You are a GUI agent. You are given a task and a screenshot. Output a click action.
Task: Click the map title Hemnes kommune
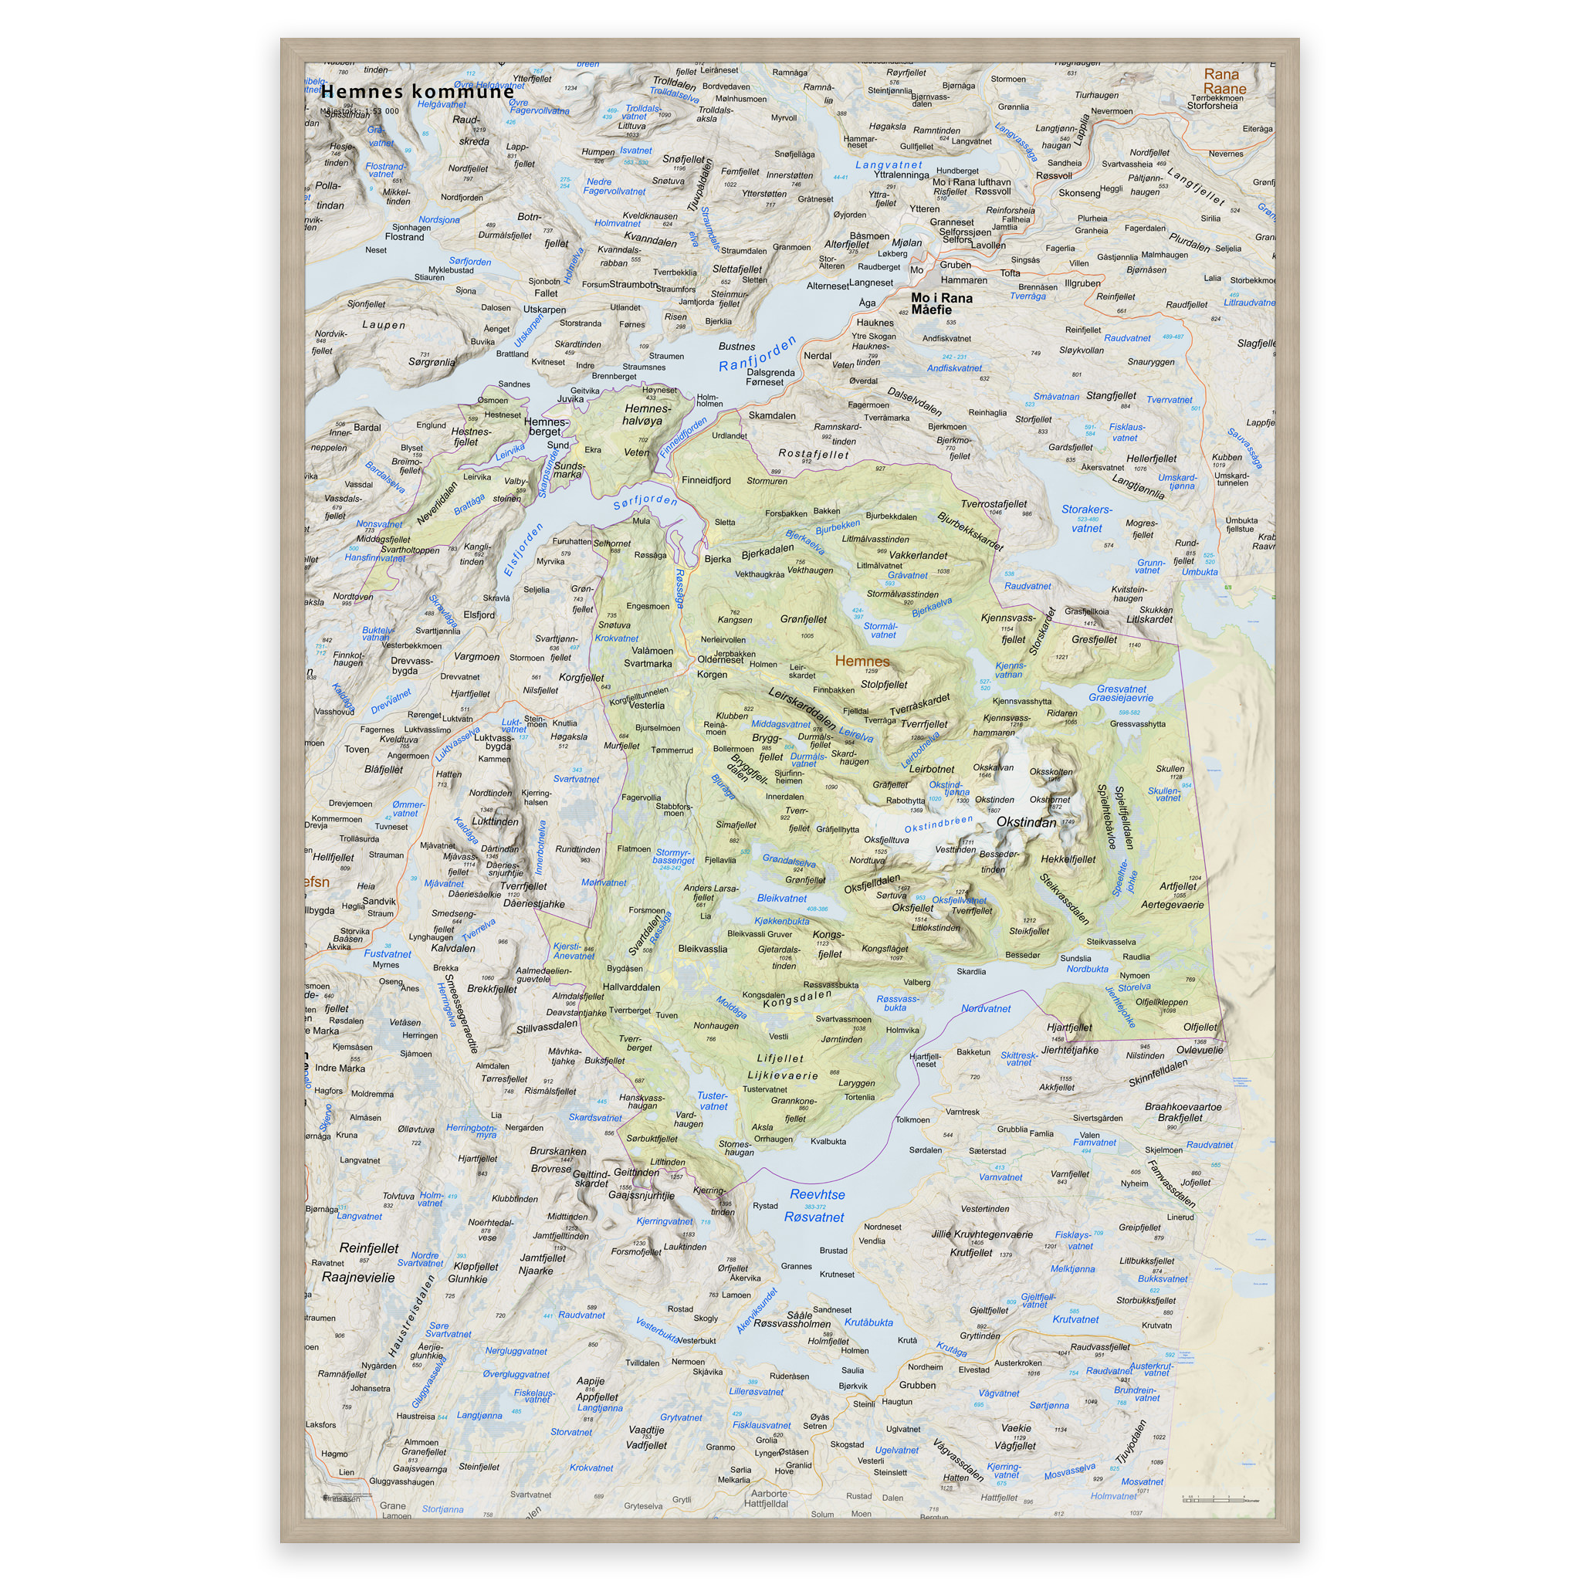418,91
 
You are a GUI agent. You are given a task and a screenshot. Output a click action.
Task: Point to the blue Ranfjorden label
757,354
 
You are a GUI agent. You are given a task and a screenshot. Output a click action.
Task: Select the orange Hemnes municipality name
862,662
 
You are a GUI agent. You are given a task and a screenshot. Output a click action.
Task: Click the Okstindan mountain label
1026,821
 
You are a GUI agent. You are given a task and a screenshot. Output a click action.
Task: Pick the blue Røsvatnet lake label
814,1217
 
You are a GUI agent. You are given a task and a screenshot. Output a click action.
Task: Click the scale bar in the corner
1224,1500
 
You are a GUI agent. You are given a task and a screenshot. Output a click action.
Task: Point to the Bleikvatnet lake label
781,899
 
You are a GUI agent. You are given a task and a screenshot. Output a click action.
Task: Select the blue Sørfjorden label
645,501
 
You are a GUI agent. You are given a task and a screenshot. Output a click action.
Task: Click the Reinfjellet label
369,1249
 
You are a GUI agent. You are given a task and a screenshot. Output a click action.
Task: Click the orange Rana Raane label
1224,82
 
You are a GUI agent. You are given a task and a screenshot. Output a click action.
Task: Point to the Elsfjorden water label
523,550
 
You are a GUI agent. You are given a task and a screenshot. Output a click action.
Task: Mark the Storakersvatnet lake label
1087,519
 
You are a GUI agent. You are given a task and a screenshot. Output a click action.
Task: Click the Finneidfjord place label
706,481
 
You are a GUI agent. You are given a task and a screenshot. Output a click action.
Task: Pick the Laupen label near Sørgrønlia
384,325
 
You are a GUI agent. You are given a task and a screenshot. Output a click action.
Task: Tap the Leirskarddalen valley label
802,709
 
